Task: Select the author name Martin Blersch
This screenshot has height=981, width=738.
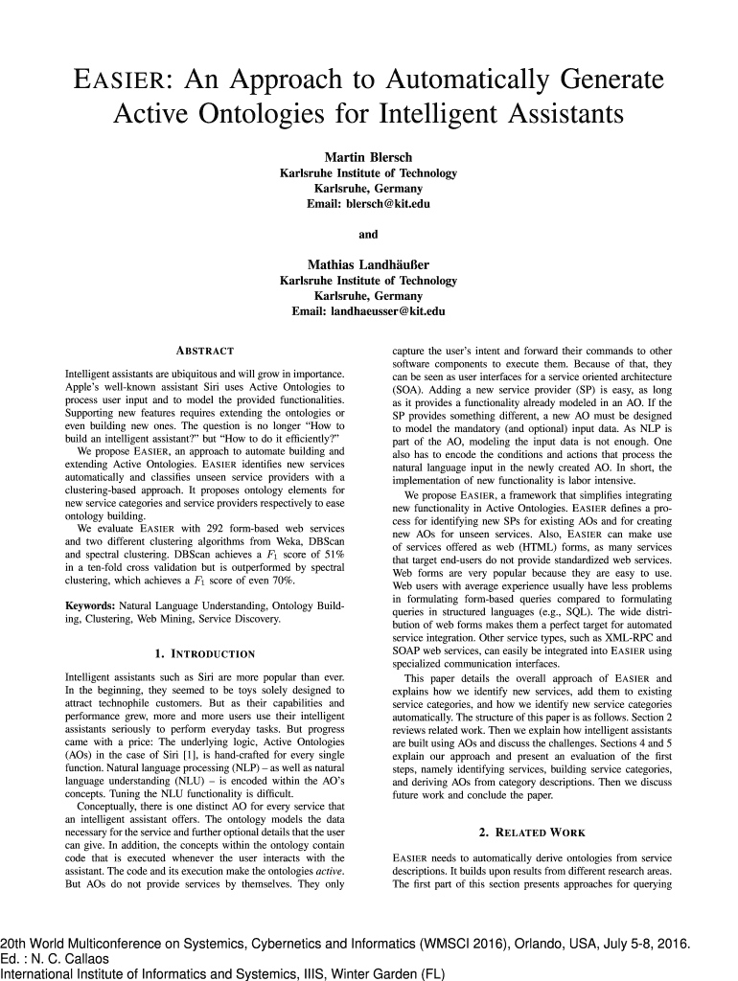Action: coord(368,157)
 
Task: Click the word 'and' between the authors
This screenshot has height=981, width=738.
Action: coord(368,234)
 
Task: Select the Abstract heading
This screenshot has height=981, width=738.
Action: coord(204,352)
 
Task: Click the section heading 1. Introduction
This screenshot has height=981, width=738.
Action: coord(204,654)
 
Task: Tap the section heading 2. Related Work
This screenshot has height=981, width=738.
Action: coord(532,833)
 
